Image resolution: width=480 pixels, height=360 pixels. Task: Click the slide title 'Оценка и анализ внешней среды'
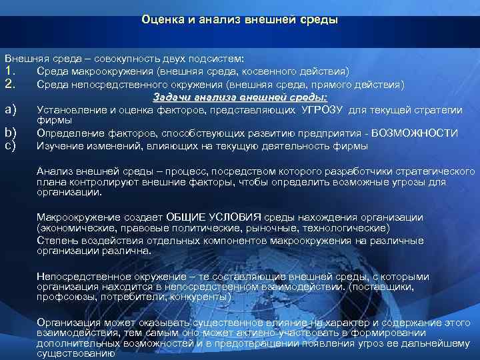point(240,20)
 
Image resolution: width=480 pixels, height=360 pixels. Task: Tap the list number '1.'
point(10,71)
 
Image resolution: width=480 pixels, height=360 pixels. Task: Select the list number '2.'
point(10,84)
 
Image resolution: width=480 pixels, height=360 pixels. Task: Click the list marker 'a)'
point(10,109)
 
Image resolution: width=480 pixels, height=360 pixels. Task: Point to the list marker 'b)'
point(10,133)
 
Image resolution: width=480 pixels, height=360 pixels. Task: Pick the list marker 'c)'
point(10,145)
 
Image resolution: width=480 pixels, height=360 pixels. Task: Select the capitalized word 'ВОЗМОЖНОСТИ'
point(415,133)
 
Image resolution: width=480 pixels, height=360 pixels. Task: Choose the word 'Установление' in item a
point(68,109)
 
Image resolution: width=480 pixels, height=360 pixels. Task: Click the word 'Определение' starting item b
point(66,133)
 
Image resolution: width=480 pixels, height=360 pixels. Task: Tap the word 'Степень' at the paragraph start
point(55,239)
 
